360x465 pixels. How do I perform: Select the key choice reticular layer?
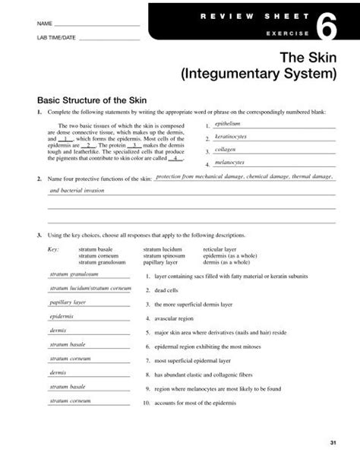coord(219,248)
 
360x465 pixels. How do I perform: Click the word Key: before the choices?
coord(53,248)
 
